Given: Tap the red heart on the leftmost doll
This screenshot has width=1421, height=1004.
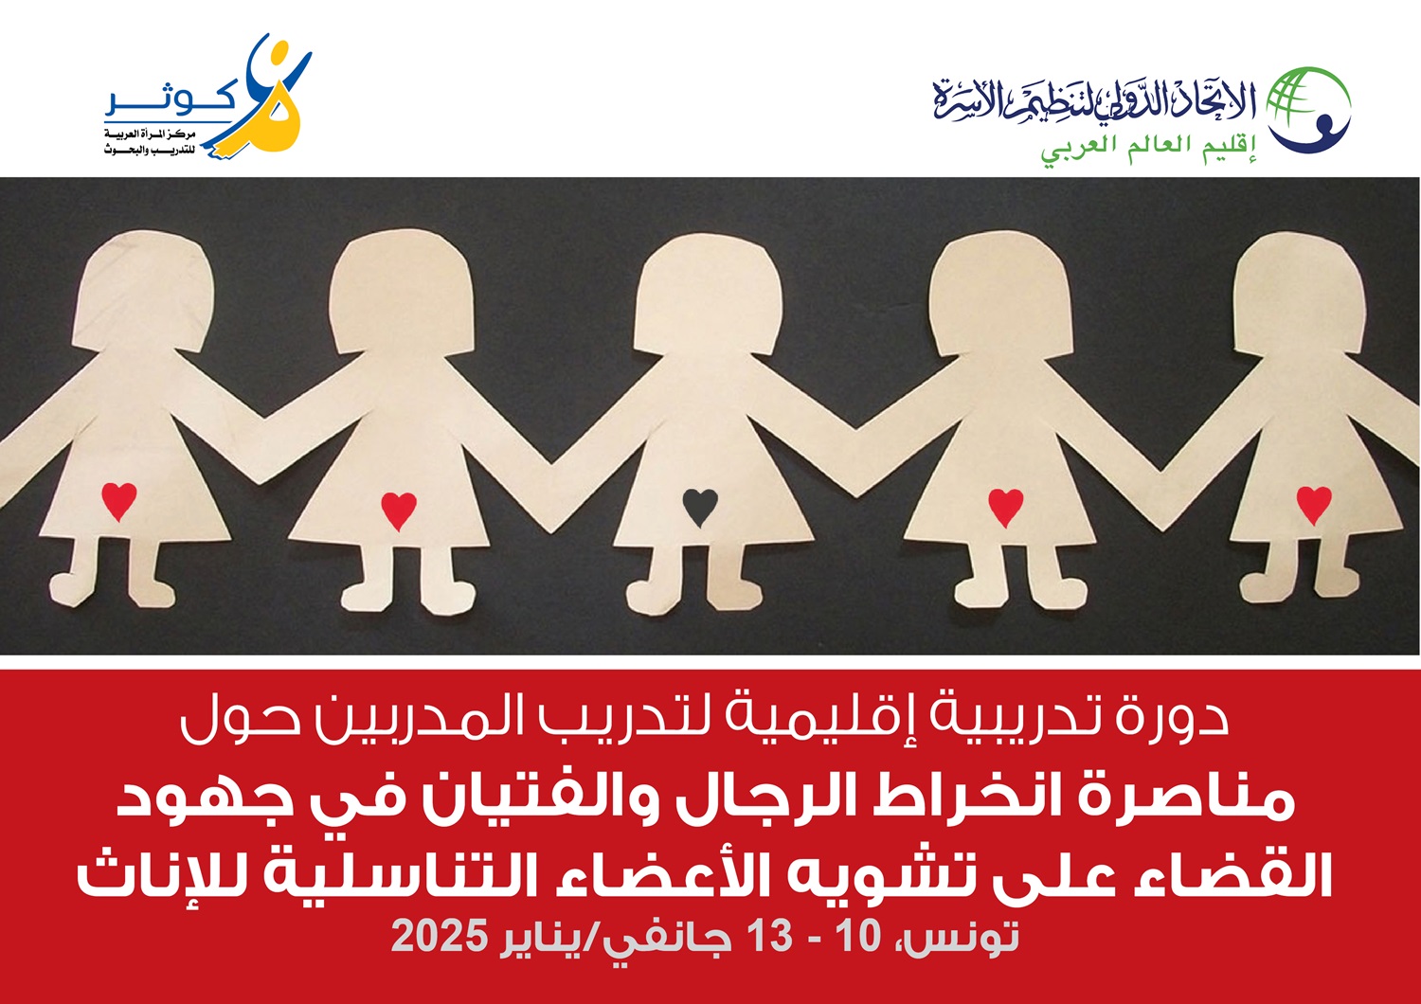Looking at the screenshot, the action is [119, 501].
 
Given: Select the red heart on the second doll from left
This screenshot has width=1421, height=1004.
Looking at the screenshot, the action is [399, 511].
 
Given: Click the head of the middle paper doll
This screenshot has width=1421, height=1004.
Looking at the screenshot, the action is [707, 294].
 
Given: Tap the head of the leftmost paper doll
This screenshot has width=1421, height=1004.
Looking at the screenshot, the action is [143, 291].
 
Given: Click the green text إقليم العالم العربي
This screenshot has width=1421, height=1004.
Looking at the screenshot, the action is [1149, 150].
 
